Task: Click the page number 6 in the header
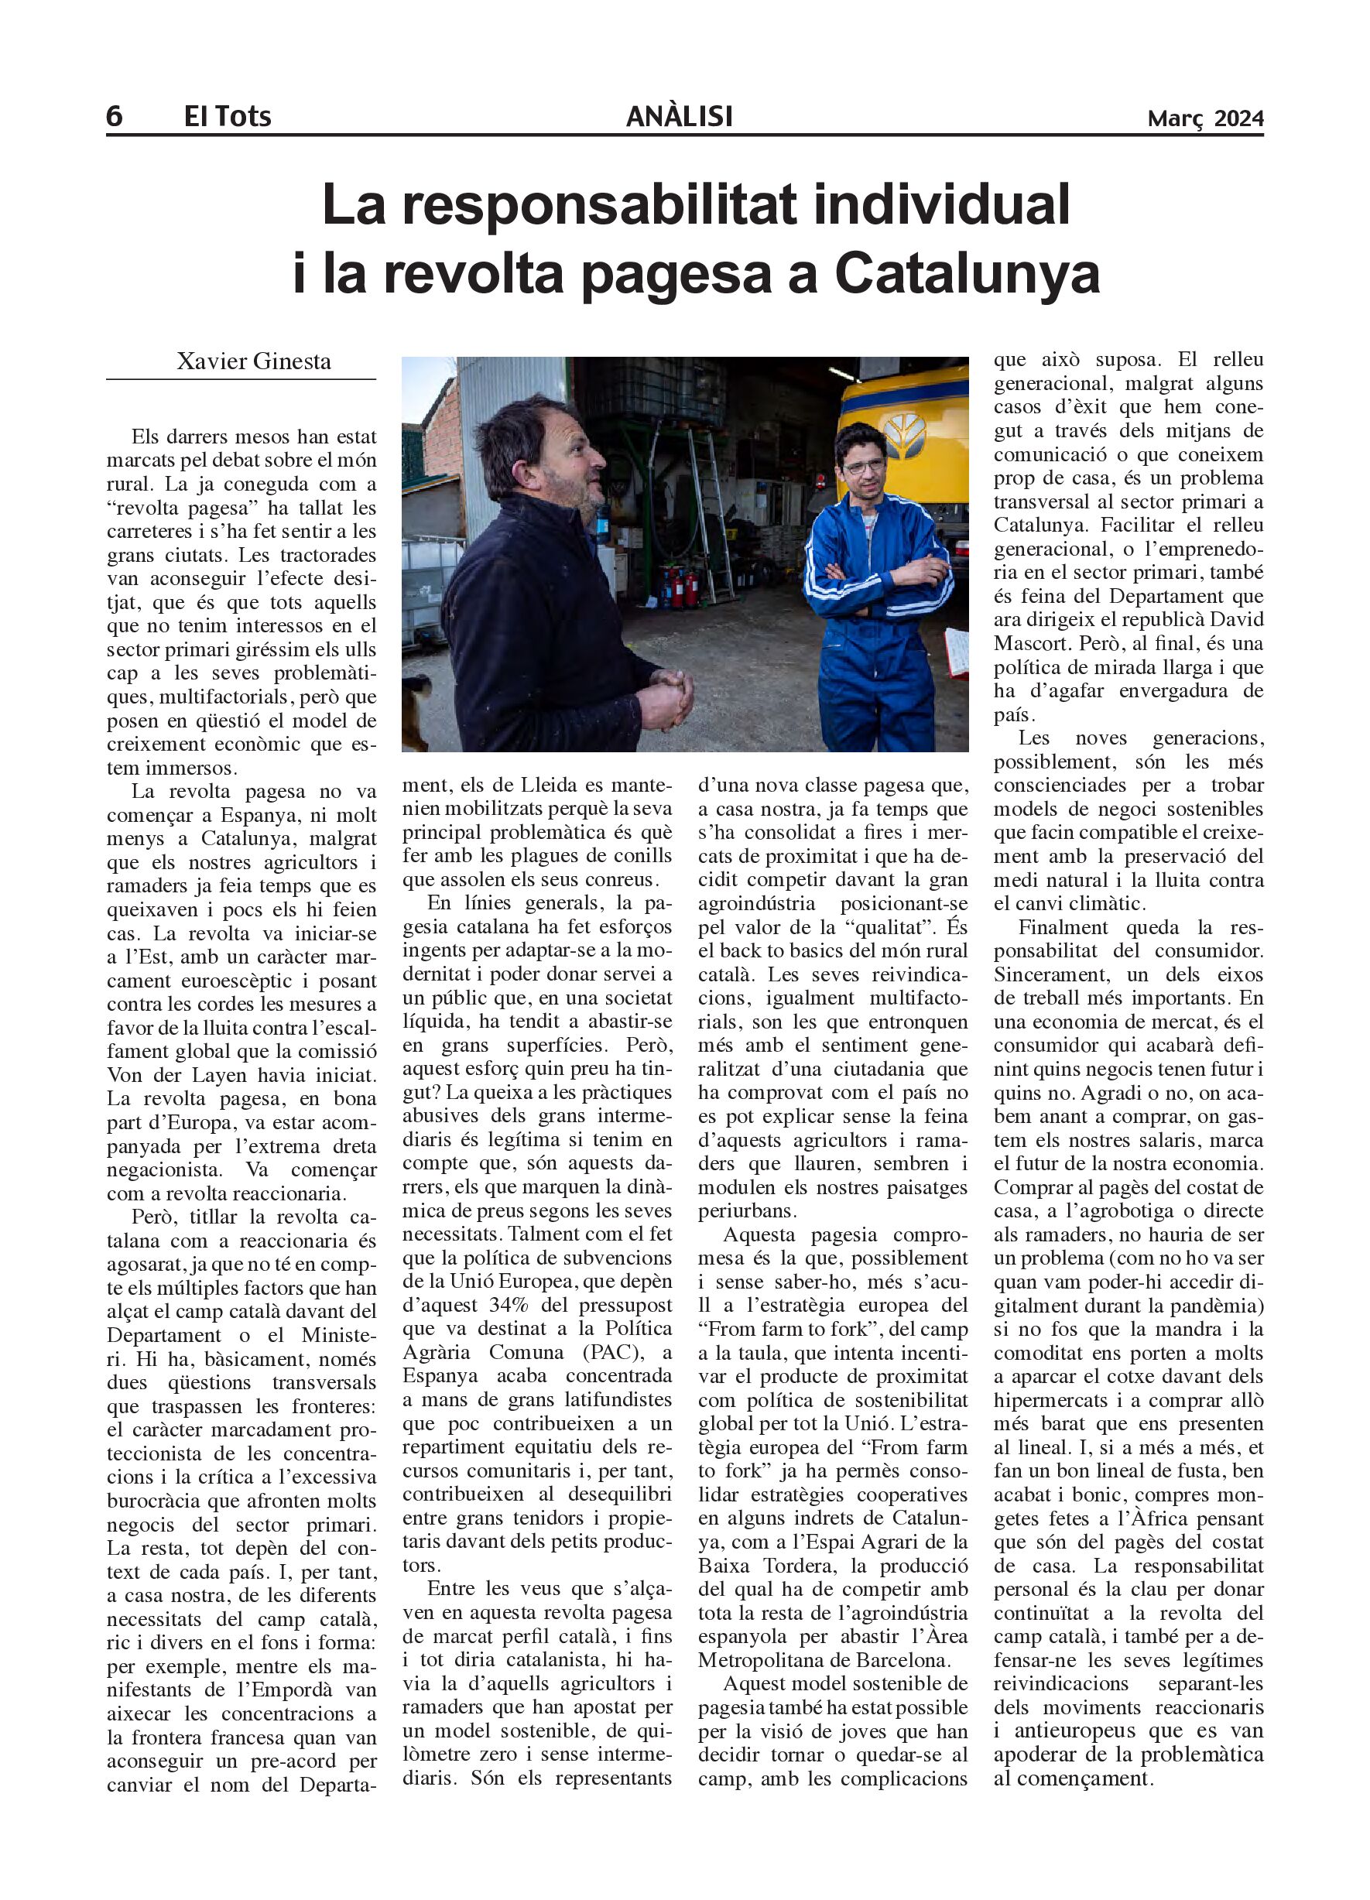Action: tap(114, 116)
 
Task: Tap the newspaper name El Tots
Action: tap(227, 116)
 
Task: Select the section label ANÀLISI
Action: tap(679, 116)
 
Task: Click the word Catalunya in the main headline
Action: tap(967, 274)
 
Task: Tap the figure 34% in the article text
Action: tap(498, 1305)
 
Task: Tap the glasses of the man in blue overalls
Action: tap(863, 466)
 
